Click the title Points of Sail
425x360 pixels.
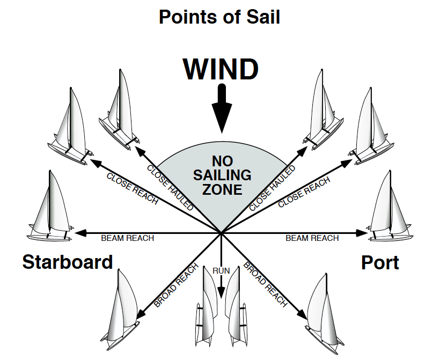pyautogui.click(x=220, y=17)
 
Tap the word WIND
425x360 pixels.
pyautogui.click(x=221, y=70)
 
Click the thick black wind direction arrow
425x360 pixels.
pyautogui.click(x=221, y=110)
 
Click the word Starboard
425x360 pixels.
pyautogui.click(x=68, y=262)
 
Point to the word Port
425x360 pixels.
pyautogui.click(x=380, y=263)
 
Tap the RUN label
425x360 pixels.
pyautogui.click(x=221, y=271)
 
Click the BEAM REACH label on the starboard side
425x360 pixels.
pyautogui.click(x=128, y=238)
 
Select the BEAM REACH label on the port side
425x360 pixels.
pyautogui.click(x=312, y=238)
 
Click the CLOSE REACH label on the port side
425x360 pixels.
pyautogui.click(x=304, y=192)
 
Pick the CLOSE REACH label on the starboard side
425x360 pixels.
pyautogui.click(x=132, y=188)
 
